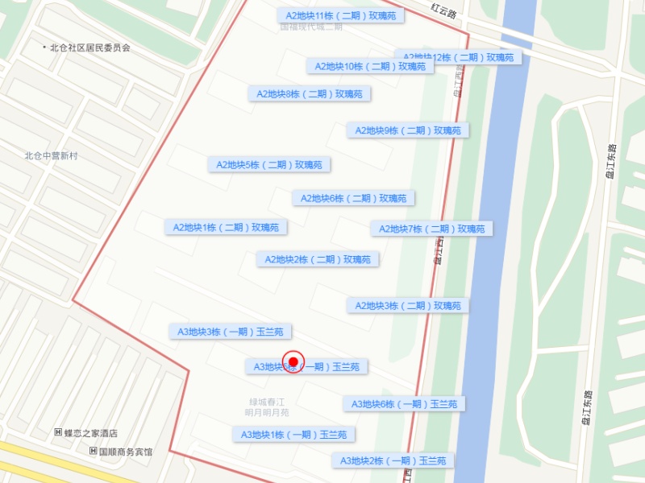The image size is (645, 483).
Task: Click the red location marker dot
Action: (x=293, y=362)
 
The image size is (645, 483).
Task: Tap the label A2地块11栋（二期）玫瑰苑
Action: (x=339, y=15)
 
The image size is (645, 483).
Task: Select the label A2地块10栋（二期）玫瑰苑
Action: (x=370, y=66)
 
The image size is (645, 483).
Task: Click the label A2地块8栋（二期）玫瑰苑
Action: (x=310, y=94)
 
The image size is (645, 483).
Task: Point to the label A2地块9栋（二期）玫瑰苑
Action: (x=408, y=130)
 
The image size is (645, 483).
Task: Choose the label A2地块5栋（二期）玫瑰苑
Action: (x=269, y=165)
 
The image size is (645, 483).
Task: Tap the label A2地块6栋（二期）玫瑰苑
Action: (x=354, y=198)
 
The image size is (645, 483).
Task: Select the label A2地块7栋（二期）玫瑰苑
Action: (x=431, y=229)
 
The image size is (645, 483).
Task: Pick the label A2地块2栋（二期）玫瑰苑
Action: (x=318, y=259)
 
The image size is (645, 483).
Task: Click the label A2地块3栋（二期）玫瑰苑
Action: (x=408, y=306)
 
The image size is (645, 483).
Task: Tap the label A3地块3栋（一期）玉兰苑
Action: (x=231, y=332)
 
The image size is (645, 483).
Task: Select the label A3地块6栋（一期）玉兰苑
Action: (x=404, y=404)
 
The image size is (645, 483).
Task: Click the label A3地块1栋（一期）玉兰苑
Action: (x=293, y=435)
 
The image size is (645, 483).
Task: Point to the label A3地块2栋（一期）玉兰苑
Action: (x=392, y=460)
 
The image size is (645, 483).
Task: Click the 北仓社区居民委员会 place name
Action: (x=89, y=47)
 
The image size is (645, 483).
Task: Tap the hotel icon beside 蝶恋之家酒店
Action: (x=58, y=433)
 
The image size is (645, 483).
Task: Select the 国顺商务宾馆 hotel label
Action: (x=125, y=452)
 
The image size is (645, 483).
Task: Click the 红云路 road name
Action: (x=443, y=11)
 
